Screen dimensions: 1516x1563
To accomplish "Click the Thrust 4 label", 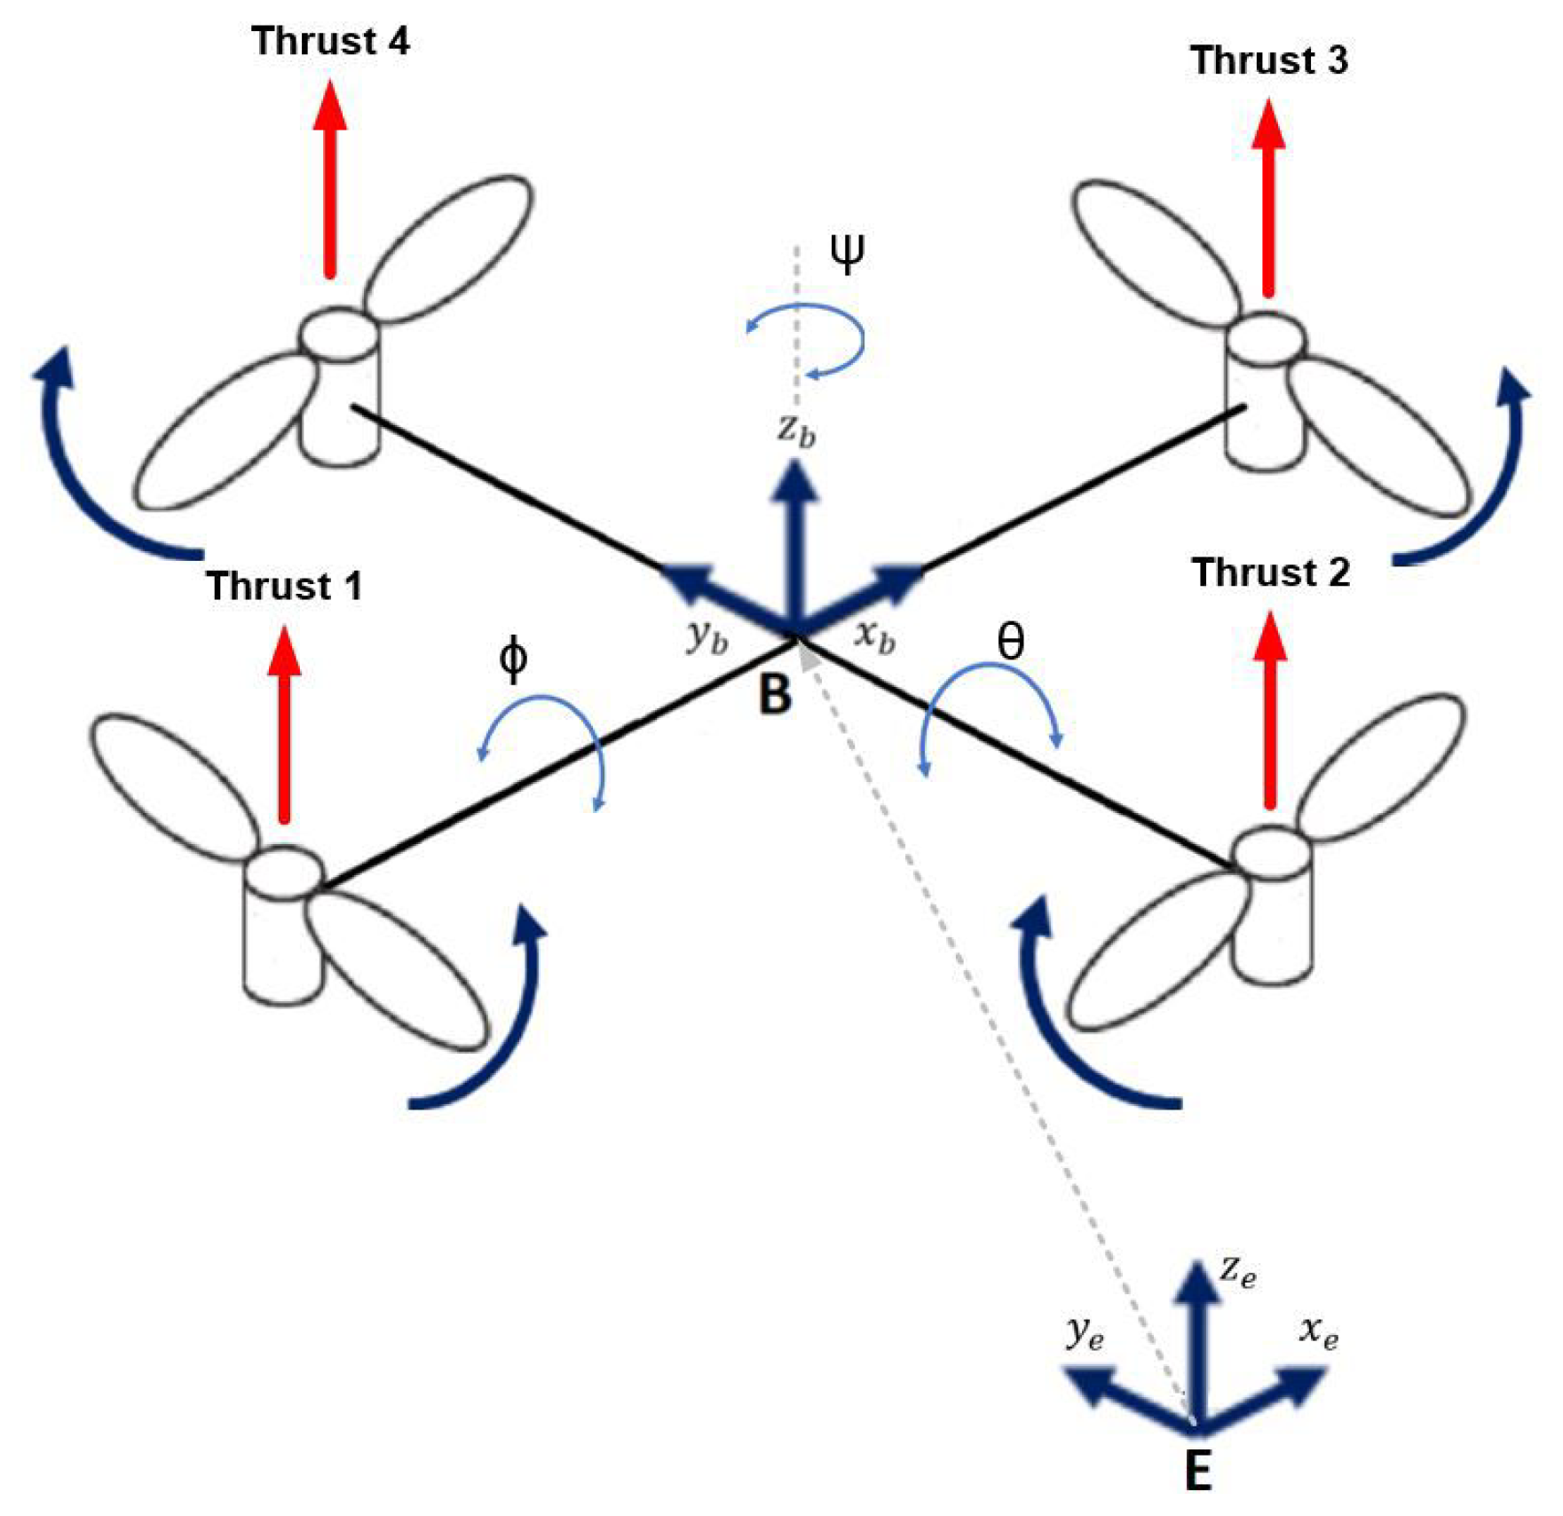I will [x=330, y=42].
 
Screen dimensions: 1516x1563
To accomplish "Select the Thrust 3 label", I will [x=1268, y=60].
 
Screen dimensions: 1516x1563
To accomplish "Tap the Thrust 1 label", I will [x=284, y=587].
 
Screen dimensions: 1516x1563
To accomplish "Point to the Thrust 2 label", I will [x=1270, y=572].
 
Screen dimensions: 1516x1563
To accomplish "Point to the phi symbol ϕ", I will [x=513, y=659].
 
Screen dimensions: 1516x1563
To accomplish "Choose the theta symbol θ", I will [x=1010, y=641].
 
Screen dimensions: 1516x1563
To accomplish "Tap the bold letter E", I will [x=1198, y=1471].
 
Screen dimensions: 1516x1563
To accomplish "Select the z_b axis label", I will [x=796, y=430].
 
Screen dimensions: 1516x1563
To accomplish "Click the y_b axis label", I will [x=707, y=637].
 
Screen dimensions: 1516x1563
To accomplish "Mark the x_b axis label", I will [x=874, y=636].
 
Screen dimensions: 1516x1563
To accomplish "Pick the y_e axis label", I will [x=1084, y=1331].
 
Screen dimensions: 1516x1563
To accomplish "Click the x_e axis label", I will [x=1318, y=1331].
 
